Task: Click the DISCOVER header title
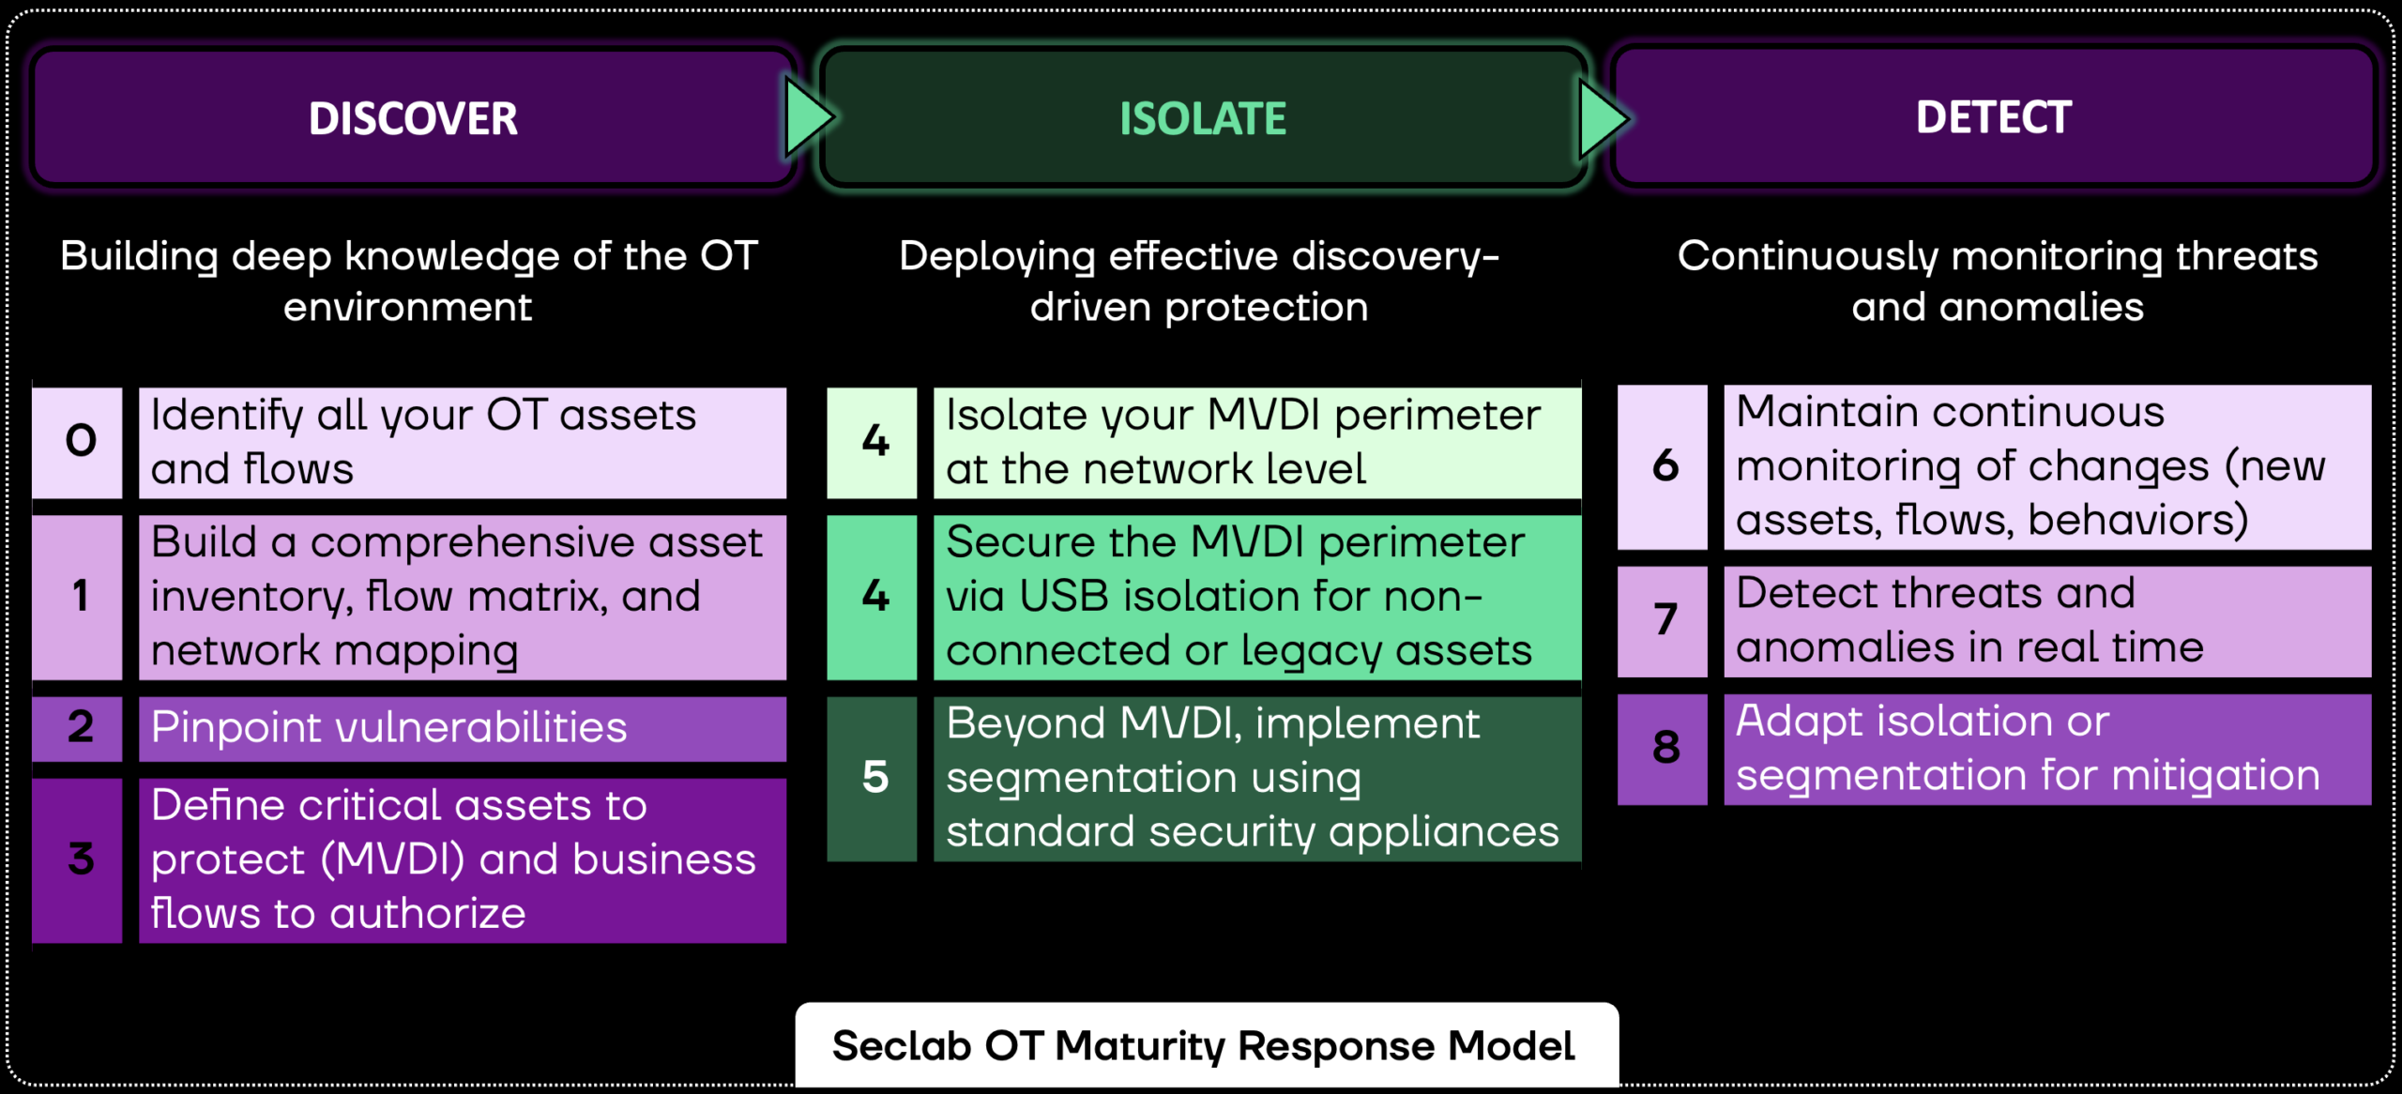[413, 118]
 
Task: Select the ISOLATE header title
[1203, 118]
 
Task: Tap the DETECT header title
[1993, 117]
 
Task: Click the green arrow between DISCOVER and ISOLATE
[808, 118]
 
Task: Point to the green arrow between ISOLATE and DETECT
[1602, 119]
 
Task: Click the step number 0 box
[79, 441]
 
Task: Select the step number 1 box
[79, 596]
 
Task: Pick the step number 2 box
[79, 727]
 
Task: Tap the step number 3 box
[79, 859]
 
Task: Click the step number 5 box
[874, 778]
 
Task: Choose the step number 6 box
[1664, 466]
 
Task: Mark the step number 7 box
[1664, 619]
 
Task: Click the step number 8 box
[1664, 748]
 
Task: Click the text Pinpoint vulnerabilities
[388, 728]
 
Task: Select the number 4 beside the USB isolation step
[874, 596]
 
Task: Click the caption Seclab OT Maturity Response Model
[1203, 1045]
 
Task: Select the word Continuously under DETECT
[1807, 257]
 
